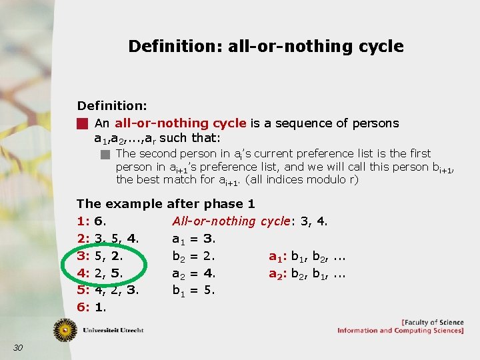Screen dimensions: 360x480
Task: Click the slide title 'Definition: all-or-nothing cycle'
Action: pyautogui.click(x=265, y=46)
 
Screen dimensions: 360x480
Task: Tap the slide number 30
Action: pyautogui.click(x=18, y=347)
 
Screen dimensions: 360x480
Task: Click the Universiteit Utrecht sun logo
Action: pyautogui.click(x=66, y=329)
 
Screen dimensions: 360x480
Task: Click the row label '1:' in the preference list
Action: pyautogui.click(x=83, y=221)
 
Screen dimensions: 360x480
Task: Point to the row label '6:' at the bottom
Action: pyautogui.click(x=83, y=308)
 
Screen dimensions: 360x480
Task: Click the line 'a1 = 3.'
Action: pyautogui.click(x=193, y=239)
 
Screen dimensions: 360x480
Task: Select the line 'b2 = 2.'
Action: pyautogui.click(x=193, y=256)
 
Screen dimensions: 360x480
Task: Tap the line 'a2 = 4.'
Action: pyautogui.click(x=193, y=273)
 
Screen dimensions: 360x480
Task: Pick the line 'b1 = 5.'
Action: pyautogui.click(x=193, y=291)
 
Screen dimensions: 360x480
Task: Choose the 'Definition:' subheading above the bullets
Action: pyautogui.click(x=112, y=106)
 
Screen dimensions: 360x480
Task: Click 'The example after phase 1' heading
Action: pyautogui.click(x=165, y=204)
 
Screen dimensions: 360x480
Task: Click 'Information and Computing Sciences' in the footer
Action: pyautogui.click(x=400, y=331)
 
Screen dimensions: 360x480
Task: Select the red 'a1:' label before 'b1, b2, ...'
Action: pyautogui.click(x=277, y=256)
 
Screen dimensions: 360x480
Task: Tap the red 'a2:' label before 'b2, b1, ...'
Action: pyautogui.click(x=277, y=273)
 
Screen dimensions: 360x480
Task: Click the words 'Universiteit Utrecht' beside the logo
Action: pyautogui.click(x=113, y=330)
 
